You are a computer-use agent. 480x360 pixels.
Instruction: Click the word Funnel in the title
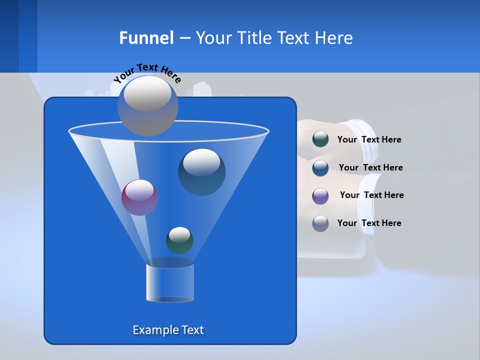click(x=146, y=38)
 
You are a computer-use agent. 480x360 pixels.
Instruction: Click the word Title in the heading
click(x=253, y=38)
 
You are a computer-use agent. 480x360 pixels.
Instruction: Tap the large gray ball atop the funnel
click(x=147, y=105)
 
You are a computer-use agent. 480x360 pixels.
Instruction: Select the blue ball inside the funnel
click(x=201, y=171)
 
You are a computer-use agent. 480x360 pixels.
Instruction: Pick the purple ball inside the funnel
click(x=139, y=197)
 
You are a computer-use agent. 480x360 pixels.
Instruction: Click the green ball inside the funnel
click(x=179, y=240)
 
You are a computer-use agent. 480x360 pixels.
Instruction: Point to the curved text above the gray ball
click(x=147, y=72)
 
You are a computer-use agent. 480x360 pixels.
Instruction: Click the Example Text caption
click(x=168, y=330)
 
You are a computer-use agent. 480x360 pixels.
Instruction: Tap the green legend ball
click(x=320, y=139)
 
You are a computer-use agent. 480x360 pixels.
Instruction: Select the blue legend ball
click(x=320, y=167)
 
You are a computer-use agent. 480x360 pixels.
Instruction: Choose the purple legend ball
click(x=320, y=195)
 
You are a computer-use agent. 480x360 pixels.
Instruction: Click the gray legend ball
click(x=320, y=223)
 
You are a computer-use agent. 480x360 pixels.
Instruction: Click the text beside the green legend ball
click(x=369, y=139)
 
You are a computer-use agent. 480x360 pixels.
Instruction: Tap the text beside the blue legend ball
click(x=370, y=167)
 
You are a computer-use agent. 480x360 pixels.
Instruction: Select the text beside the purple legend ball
click(x=371, y=195)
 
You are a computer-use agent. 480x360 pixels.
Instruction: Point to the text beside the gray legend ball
click(x=369, y=223)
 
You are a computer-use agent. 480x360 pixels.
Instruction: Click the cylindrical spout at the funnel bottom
click(x=170, y=282)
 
